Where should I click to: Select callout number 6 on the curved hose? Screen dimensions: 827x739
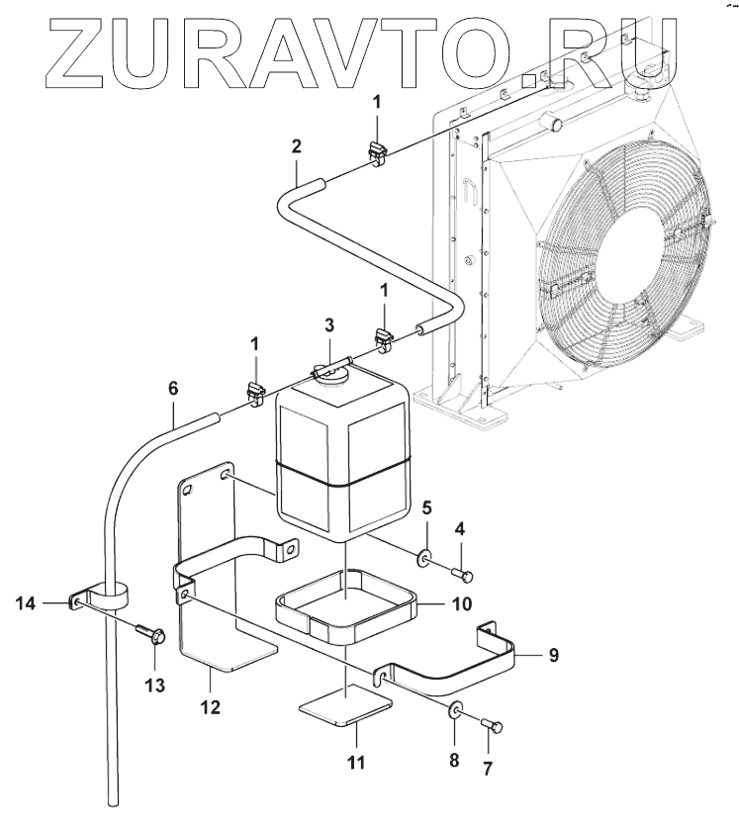click(174, 388)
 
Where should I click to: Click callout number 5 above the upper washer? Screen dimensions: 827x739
click(426, 509)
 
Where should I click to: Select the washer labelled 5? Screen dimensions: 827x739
click(425, 560)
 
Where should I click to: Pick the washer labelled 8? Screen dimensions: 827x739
click(454, 709)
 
